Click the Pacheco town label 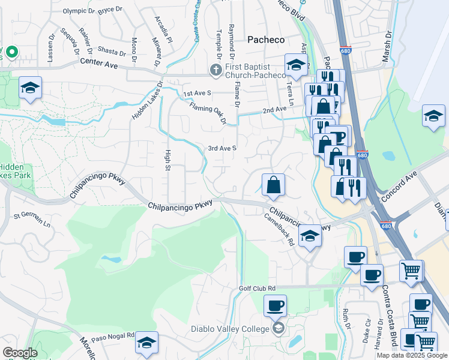pyautogui.click(x=266, y=39)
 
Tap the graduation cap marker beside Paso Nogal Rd pyautogui.click(x=146, y=343)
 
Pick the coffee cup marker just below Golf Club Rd pyautogui.click(x=276, y=306)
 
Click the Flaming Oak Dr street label pyautogui.click(x=208, y=113)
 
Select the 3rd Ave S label pyautogui.click(x=222, y=148)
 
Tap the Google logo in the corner pyautogui.click(x=20, y=353)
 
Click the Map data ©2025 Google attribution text pyautogui.click(x=412, y=355)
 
